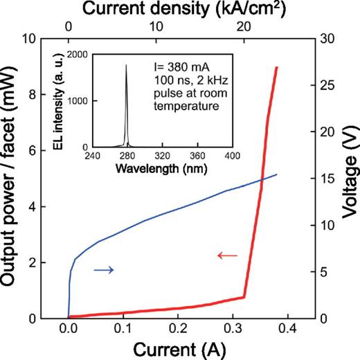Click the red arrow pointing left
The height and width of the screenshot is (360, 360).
pyautogui.click(x=227, y=256)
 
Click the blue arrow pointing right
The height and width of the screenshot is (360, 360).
pyautogui.click(x=103, y=270)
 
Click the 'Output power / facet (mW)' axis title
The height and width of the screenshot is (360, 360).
pyautogui.click(x=11, y=179)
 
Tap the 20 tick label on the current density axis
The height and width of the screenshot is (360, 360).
pyautogui.click(x=244, y=26)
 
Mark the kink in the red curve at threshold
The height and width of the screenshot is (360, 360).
pyautogui.click(x=244, y=297)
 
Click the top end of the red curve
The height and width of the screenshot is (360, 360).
pyautogui.click(x=277, y=67)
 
